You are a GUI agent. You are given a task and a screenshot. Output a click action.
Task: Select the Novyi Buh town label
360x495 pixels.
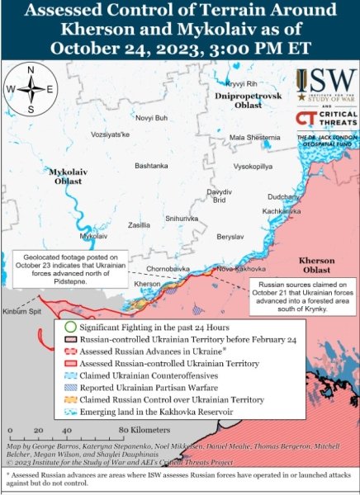150,118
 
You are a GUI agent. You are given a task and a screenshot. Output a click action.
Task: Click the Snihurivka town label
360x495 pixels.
182,219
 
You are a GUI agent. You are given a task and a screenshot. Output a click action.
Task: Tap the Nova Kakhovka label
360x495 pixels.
237,269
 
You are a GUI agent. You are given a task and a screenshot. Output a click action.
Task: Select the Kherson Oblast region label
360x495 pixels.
317,265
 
